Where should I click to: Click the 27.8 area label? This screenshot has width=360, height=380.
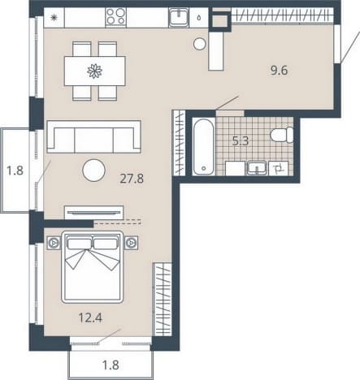[x=132, y=179]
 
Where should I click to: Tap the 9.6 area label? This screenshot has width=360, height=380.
[x=279, y=71]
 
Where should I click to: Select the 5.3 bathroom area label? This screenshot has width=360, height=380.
[x=241, y=141]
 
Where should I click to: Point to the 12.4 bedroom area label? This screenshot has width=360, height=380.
[x=90, y=317]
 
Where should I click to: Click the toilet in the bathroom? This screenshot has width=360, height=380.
[x=282, y=135]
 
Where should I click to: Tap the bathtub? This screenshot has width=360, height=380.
[x=204, y=146]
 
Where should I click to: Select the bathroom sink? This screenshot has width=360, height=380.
[x=257, y=168]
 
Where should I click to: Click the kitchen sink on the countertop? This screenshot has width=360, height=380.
[x=179, y=17]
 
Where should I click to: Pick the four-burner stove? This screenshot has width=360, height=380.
[x=116, y=17]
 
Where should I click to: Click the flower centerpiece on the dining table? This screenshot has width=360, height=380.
[x=95, y=71]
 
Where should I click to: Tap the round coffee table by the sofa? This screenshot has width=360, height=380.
[x=93, y=171]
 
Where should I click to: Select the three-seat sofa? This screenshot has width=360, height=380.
[x=93, y=136]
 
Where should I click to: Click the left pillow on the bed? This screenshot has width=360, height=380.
[x=79, y=244]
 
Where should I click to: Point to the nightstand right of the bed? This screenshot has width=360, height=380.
[x=131, y=243]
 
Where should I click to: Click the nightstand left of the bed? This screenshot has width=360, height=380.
[x=54, y=243]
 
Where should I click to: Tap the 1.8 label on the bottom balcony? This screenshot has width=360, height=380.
[x=111, y=365]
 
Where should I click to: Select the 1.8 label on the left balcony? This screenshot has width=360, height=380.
[x=15, y=171]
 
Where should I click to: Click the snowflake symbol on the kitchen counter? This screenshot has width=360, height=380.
[x=54, y=18]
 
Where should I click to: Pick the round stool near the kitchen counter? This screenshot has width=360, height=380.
[x=200, y=44]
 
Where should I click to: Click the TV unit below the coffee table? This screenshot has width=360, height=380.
[x=93, y=213]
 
